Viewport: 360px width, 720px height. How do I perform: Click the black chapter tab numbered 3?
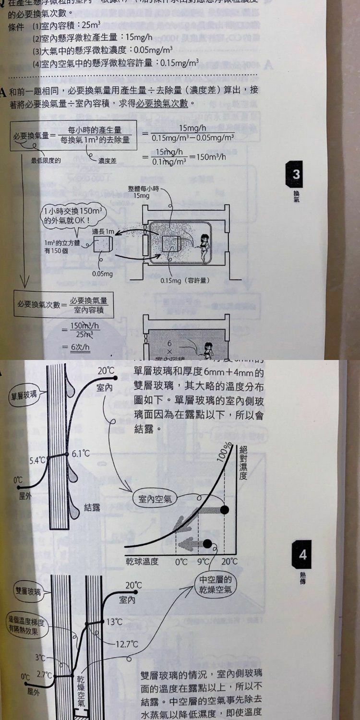point(296,173)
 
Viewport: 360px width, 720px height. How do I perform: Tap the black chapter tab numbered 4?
point(302,555)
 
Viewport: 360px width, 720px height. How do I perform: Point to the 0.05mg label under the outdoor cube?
point(102,274)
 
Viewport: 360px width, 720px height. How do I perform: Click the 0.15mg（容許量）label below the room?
point(185,279)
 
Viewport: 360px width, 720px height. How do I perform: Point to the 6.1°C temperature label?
point(81,453)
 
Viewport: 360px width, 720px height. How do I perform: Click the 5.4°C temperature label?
point(36,461)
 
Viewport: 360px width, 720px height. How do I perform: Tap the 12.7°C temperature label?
point(127,644)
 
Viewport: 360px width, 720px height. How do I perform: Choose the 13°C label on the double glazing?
point(114,622)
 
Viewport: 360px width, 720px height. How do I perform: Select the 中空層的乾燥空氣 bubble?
point(216,584)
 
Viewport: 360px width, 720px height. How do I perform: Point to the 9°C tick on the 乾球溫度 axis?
point(204,561)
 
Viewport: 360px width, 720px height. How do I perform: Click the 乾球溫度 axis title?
point(142,561)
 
